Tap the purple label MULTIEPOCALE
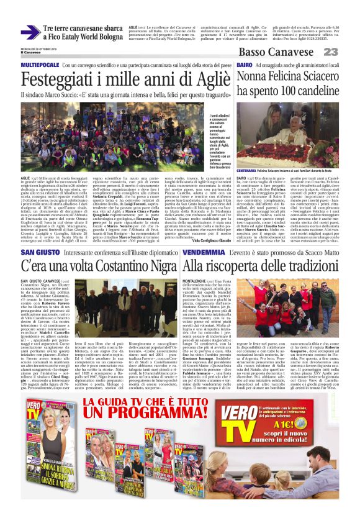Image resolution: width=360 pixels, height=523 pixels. click(40, 65)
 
